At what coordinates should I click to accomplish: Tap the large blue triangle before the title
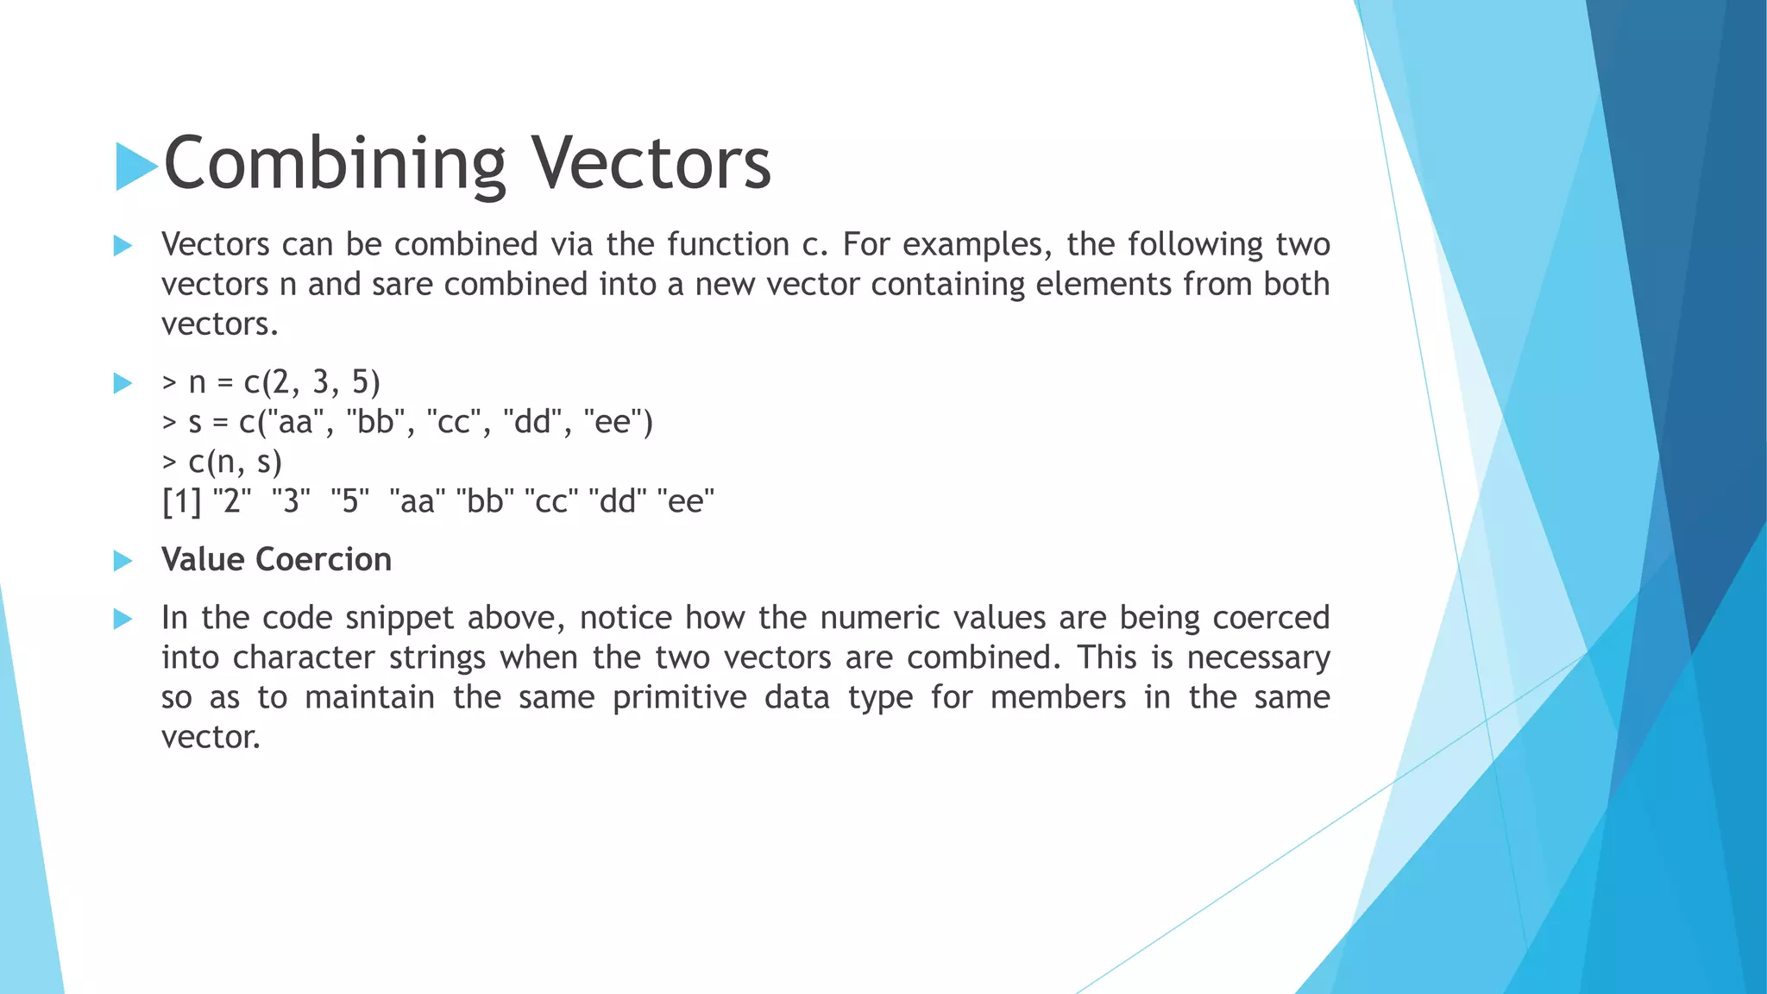coord(135,166)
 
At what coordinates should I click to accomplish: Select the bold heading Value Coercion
coord(276,560)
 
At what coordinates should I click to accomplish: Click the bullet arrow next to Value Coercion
coord(123,561)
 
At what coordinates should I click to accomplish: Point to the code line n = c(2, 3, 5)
coord(272,382)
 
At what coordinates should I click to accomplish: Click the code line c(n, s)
coord(223,462)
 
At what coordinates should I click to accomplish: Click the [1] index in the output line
coord(181,501)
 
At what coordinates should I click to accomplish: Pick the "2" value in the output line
coord(231,500)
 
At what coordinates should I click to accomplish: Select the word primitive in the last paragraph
coord(679,697)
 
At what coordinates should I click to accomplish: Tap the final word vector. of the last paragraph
coord(211,737)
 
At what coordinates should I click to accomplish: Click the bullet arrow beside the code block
coord(123,383)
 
